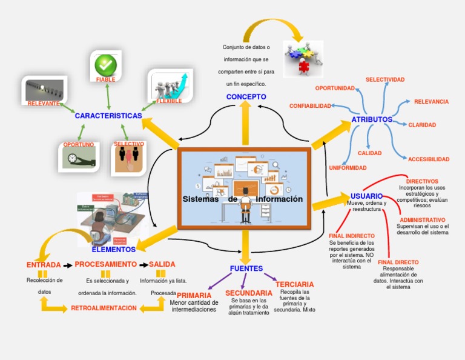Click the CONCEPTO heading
pyautogui.click(x=246, y=97)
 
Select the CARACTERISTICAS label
pyautogui.click(x=108, y=116)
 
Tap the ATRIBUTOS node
pyautogui.click(x=372, y=119)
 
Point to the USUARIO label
pyautogui.click(x=366, y=196)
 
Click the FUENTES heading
pyautogui.click(x=246, y=268)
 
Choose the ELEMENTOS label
pyautogui.click(x=114, y=249)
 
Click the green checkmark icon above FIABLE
pyautogui.click(x=105, y=64)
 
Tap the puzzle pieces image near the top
pyautogui.click(x=303, y=58)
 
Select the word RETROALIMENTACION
pyautogui.click(x=104, y=308)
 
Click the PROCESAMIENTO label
pyautogui.click(x=105, y=264)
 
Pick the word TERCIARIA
pyautogui.click(x=294, y=284)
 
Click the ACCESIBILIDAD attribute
pyautogui.click(x=429, y=159)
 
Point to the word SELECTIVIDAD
pyautogui.click(x=385, y=79)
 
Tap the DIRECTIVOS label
pyautogui.click(x=422, y=181)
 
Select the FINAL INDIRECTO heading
pyautogui.click(x=351, y=236)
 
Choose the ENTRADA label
pyautogui.click(x=44, y=265)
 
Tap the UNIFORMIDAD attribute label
pyautogui.click(x=348, y=167)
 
